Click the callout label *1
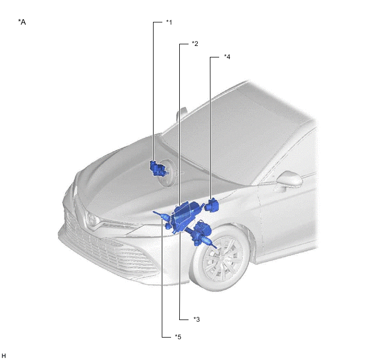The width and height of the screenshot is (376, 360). [x=169, y=22]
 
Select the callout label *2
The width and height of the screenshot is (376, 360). [x=195, y=44]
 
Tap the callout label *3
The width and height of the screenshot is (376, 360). [x=197, y=319]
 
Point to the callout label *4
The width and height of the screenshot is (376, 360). [x=227, y=57]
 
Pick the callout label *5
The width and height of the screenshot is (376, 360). [x=178, y=336]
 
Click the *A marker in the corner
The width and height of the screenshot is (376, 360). [x=22, y=22]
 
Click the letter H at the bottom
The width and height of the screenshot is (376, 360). [x=4, y=356]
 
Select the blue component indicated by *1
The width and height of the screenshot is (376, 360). [x=158, y=169]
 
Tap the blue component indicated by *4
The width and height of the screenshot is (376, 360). [x=212, y=205]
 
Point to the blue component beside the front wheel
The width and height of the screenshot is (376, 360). [x=202, y=234]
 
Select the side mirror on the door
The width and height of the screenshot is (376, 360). [x=289, y=179]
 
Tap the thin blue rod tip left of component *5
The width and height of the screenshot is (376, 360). [x=155, y=212]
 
